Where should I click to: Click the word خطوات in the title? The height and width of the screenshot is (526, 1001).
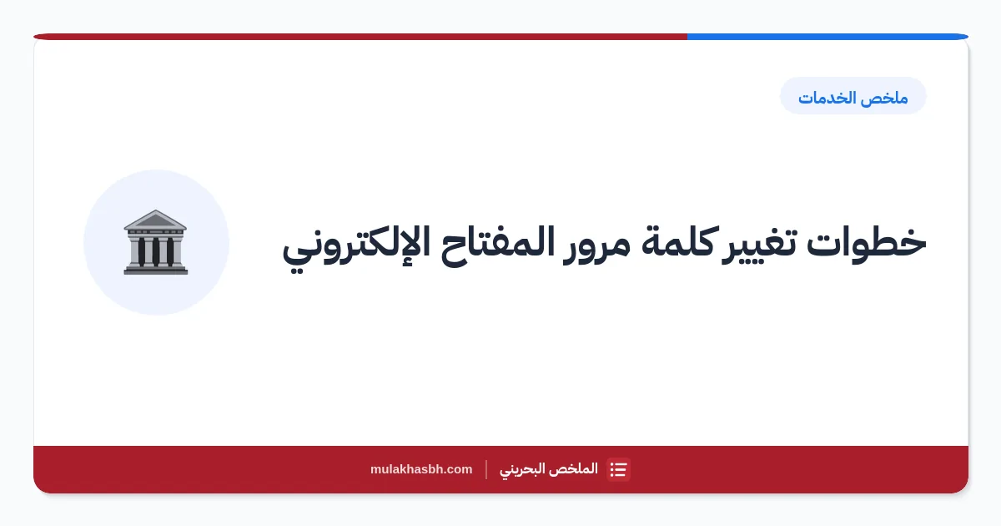[x=866, y=242]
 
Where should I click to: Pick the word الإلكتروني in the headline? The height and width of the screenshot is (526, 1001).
[x=357, y=247]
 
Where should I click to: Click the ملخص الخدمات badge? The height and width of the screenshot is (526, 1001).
[x=853, y=96]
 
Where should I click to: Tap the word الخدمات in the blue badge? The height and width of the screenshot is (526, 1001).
[x=832, y=98]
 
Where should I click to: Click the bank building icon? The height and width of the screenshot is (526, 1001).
[x=155, y=242]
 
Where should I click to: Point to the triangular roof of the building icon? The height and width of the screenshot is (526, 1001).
[x=155, y=219]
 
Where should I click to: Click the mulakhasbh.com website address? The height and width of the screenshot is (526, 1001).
[x=421, y=469]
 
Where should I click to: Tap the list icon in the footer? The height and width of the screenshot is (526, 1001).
[x=618, y=469]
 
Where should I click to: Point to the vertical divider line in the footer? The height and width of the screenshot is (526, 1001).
[x=486, y=469]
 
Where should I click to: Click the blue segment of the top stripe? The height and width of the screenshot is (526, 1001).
[x=827, y=37]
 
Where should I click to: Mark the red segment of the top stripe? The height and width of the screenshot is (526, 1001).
[x=360, y=37]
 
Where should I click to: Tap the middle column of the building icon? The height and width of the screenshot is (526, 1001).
[x=155, y=250]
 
